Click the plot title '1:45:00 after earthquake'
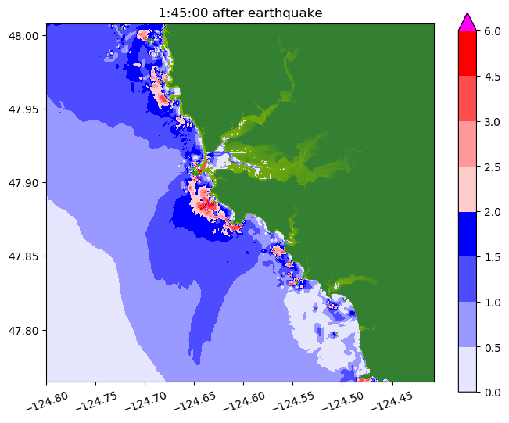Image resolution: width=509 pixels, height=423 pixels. pyautogui.click(x=240, y=13)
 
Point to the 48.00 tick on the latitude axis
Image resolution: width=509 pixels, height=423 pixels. pyautogui.click(x=26, y=36)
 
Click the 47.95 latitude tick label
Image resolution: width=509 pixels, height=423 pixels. pyautogui.click(x=26, y=109)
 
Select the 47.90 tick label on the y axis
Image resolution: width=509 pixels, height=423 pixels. pyautogui.click(x=26, y=183)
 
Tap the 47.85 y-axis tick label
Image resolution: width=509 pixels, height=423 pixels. pyautogui.click(x=26, y=256)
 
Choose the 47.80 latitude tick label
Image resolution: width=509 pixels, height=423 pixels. pyautogui.click(x=26, y=330)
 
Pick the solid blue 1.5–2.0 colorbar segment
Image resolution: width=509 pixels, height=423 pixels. pyautogui.click(x=467, y=234)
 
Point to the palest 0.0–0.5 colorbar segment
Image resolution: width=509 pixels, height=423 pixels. pyautogui.click(x=467, y=368)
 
